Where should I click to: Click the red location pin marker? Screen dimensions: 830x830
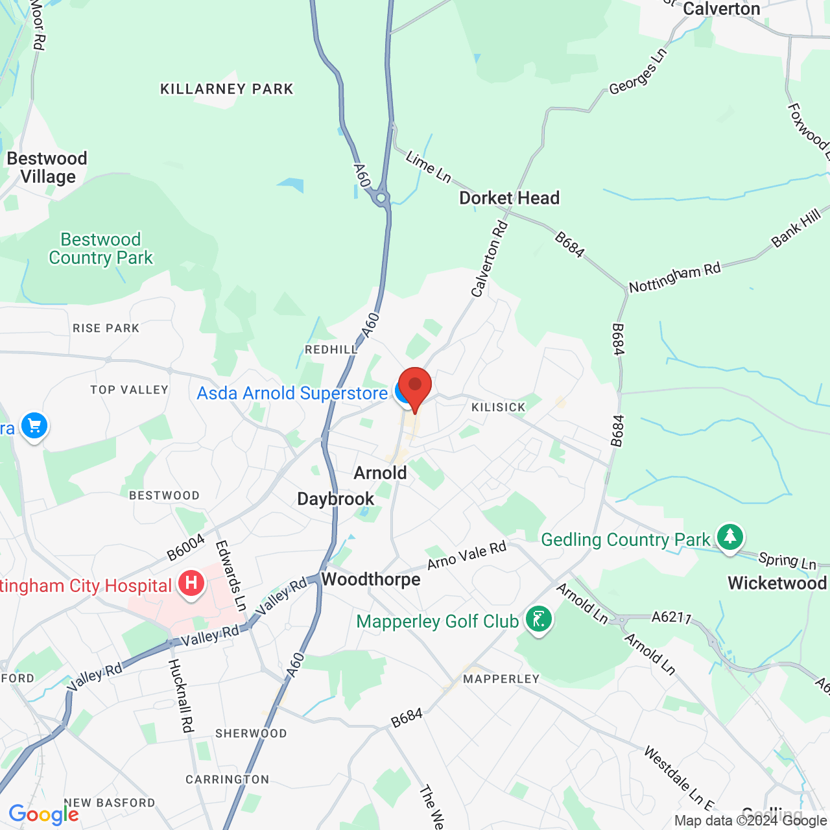pos(414,386)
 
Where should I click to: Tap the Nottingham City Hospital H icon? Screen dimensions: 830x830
pos(191,582)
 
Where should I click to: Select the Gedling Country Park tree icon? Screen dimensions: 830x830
pos(730,537)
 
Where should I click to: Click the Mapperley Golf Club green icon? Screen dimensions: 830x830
pos(538,619)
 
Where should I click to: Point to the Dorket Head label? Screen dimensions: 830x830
pos(509,198)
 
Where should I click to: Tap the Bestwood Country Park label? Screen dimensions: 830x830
pos(101,249)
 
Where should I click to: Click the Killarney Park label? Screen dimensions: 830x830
pos(227,89)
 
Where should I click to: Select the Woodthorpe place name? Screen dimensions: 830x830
pos(371,579)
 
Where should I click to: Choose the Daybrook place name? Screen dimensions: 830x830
pos(335,499)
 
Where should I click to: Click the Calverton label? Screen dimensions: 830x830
pos(721,9)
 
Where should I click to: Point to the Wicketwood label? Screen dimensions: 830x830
pos(777,583)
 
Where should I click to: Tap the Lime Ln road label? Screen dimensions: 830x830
pos(428,166)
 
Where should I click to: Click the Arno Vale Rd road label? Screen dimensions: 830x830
pos(466,556)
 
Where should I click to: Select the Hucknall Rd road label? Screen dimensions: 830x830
pos(181,696)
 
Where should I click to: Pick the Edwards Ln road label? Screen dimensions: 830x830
pos(231,575)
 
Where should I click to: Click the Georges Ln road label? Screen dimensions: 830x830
pos(637,72)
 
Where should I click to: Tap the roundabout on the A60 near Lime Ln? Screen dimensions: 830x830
pos(381,198)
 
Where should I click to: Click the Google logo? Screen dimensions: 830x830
pos(43,814)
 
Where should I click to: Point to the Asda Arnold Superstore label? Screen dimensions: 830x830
pos(292,393)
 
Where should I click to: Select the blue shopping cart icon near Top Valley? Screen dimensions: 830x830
pos(34,426)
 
